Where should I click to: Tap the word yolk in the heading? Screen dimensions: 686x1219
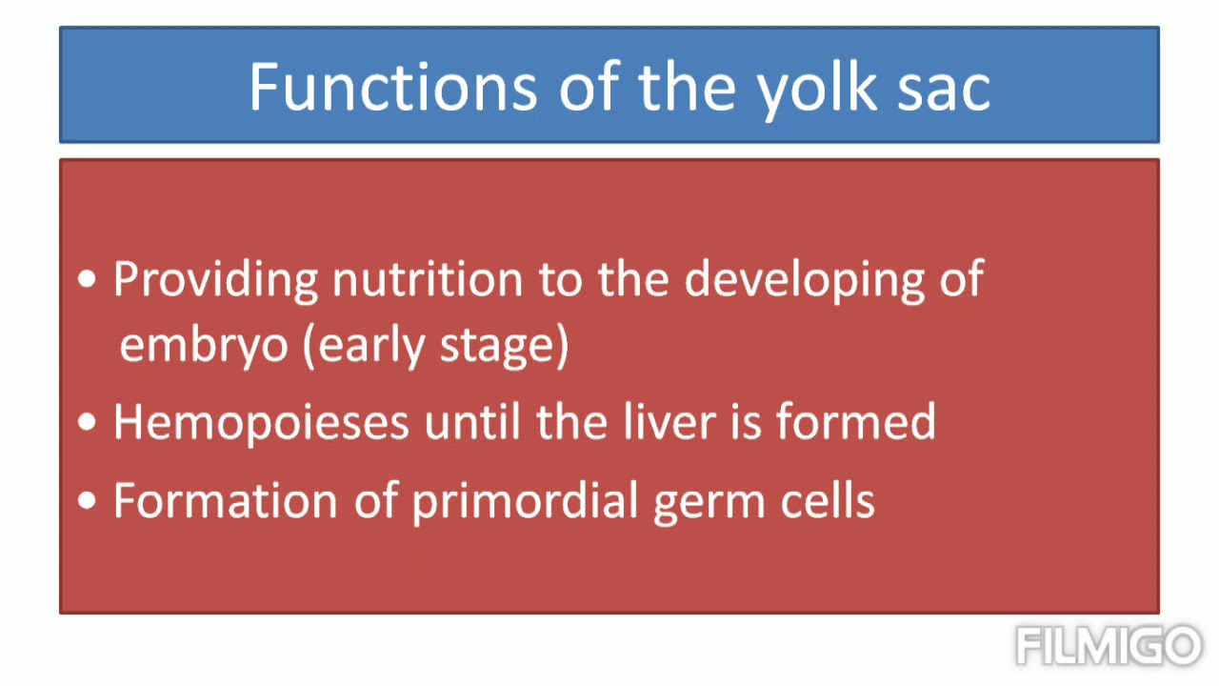(815, 87)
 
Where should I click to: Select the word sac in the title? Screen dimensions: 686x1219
(942, 87)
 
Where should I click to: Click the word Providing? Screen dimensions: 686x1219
(215, 280)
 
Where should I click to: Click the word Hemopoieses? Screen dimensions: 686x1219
(261, 422)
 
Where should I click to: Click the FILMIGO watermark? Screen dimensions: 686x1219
(1108, 645)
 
